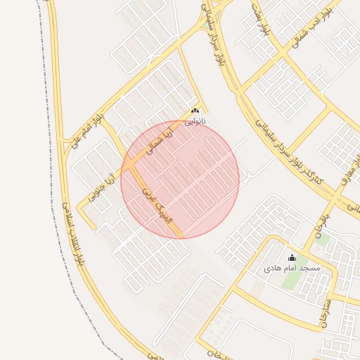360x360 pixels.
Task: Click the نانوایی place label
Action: coord(196,121)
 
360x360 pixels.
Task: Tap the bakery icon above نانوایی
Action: coord(195,110)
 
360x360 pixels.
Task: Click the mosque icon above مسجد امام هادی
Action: coord(292,258)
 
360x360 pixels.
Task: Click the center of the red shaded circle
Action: coord(180,179)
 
